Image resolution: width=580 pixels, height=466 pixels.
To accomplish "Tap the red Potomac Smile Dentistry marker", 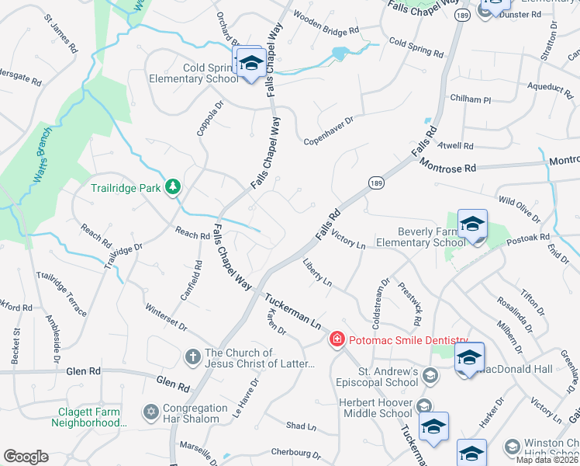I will (x=337, y=339).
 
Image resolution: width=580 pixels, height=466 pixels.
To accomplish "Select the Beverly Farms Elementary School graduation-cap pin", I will (x=472, y=225).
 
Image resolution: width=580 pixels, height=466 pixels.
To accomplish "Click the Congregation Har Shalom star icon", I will (x=150, y=410).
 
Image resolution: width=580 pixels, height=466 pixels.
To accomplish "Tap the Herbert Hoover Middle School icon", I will (x=423, y=406).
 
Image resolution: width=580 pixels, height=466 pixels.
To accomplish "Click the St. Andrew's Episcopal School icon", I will (x=430, y=376).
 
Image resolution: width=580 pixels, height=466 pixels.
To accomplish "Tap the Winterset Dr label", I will (x=165, y=315).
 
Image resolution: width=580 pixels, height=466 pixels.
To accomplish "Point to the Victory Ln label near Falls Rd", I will (x=347, y=238).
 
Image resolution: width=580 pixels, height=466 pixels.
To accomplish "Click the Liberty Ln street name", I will (x=317, y=273).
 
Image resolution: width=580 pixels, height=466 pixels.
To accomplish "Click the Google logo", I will (x=26, y=456).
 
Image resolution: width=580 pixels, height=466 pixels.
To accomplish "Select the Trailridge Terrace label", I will (x=61, y=294).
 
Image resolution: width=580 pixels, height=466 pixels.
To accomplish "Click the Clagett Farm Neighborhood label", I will (x=89, y=417).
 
